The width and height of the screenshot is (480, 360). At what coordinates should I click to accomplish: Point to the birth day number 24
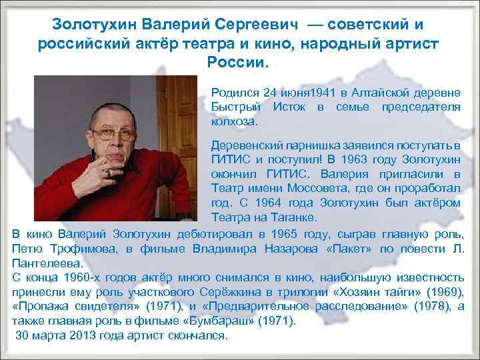269,91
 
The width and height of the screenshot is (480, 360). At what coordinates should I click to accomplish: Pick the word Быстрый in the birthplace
234,107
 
